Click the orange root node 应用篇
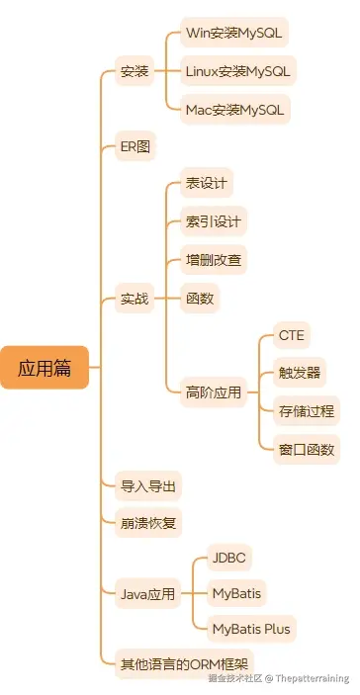[x=45, y=368]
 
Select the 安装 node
[x=135, y=71]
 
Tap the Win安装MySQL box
[x=234, y=33]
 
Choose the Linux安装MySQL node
[x=238, y=71]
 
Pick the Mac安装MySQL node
[x=235, y=109]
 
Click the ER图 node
[x=135, y=146]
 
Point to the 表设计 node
[x=206, y=184]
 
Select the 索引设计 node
[x=213, y=221]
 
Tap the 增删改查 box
[x=213, y=260]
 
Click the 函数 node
[x=200, y=298]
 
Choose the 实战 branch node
[x=135, y=298]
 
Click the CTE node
[x=291, y=335]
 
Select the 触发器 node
[x=298, y=374]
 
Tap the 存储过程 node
[x=306, y=411]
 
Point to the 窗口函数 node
[x=306, y=449]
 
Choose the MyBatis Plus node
[x=252, y=628]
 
